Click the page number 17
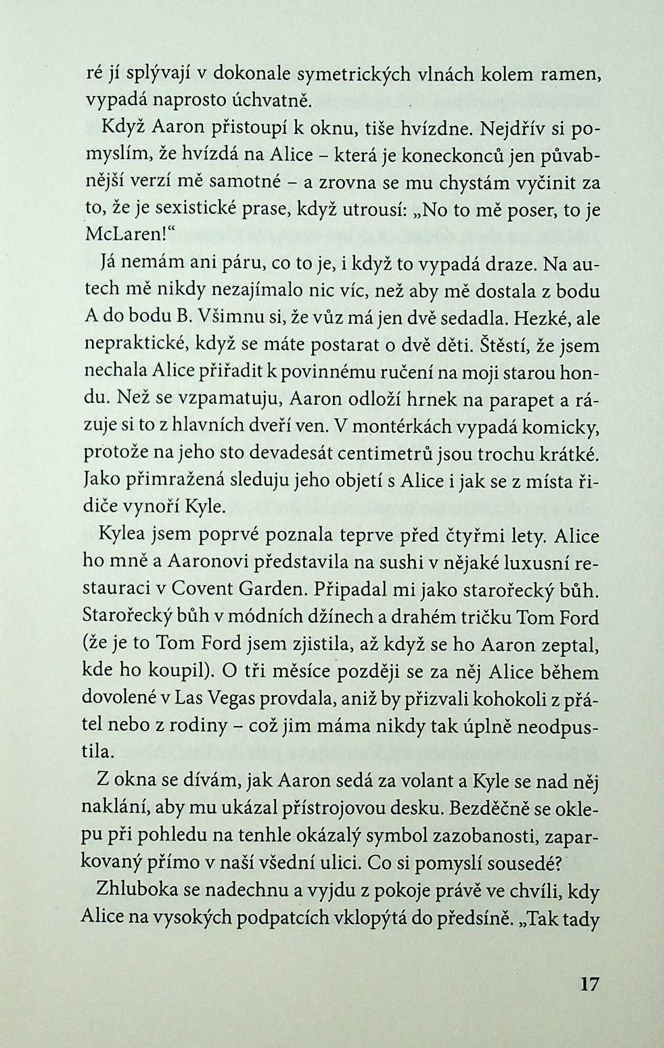pos(588,984)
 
